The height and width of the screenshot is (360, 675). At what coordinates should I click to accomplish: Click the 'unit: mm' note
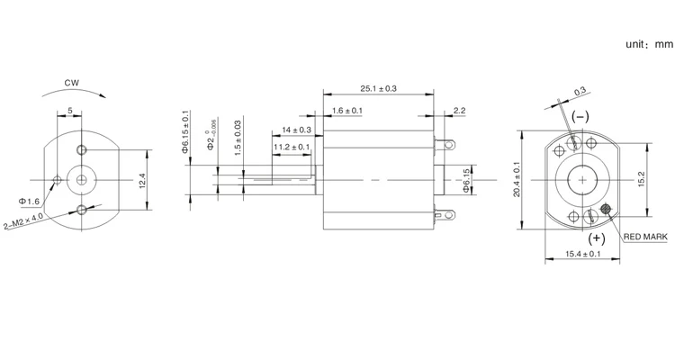tap(649, 43)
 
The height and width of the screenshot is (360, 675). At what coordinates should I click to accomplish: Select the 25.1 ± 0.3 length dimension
tap(378, 88)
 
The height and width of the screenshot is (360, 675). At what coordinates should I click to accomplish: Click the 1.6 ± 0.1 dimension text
tap(346, 110)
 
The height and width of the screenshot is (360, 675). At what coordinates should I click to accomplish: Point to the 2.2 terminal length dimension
tap(459, 110)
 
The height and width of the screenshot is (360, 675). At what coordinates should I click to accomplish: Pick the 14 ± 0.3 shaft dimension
tap(296, 130)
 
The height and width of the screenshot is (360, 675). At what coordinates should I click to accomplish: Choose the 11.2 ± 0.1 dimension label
tap(292, 147)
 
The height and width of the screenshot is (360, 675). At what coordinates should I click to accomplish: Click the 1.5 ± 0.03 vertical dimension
tap(238, 139)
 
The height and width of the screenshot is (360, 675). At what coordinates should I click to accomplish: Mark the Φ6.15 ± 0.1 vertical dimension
tap(186, 132)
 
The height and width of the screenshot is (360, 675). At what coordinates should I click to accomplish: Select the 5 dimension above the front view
tap(70, 111)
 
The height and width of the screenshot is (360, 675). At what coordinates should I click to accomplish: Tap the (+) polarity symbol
tap(596, 239)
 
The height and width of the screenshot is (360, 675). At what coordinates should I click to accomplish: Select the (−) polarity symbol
tap(580, 117)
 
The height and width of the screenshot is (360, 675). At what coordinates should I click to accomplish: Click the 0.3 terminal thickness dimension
tap(580, 90)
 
